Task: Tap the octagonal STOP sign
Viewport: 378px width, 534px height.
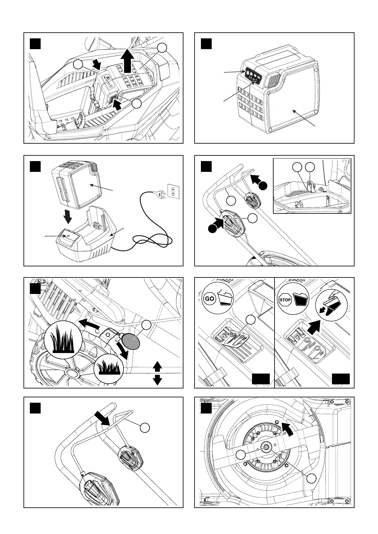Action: click(285, 299)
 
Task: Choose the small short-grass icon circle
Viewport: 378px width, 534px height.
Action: click(108, 368)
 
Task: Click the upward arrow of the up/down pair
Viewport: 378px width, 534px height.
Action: click(157, 367)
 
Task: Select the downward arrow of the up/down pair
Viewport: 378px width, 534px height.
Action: click(157, 380)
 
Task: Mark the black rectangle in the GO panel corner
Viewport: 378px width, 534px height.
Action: click(261, 379)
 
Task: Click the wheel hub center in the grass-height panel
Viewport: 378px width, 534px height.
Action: click(73, 373)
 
